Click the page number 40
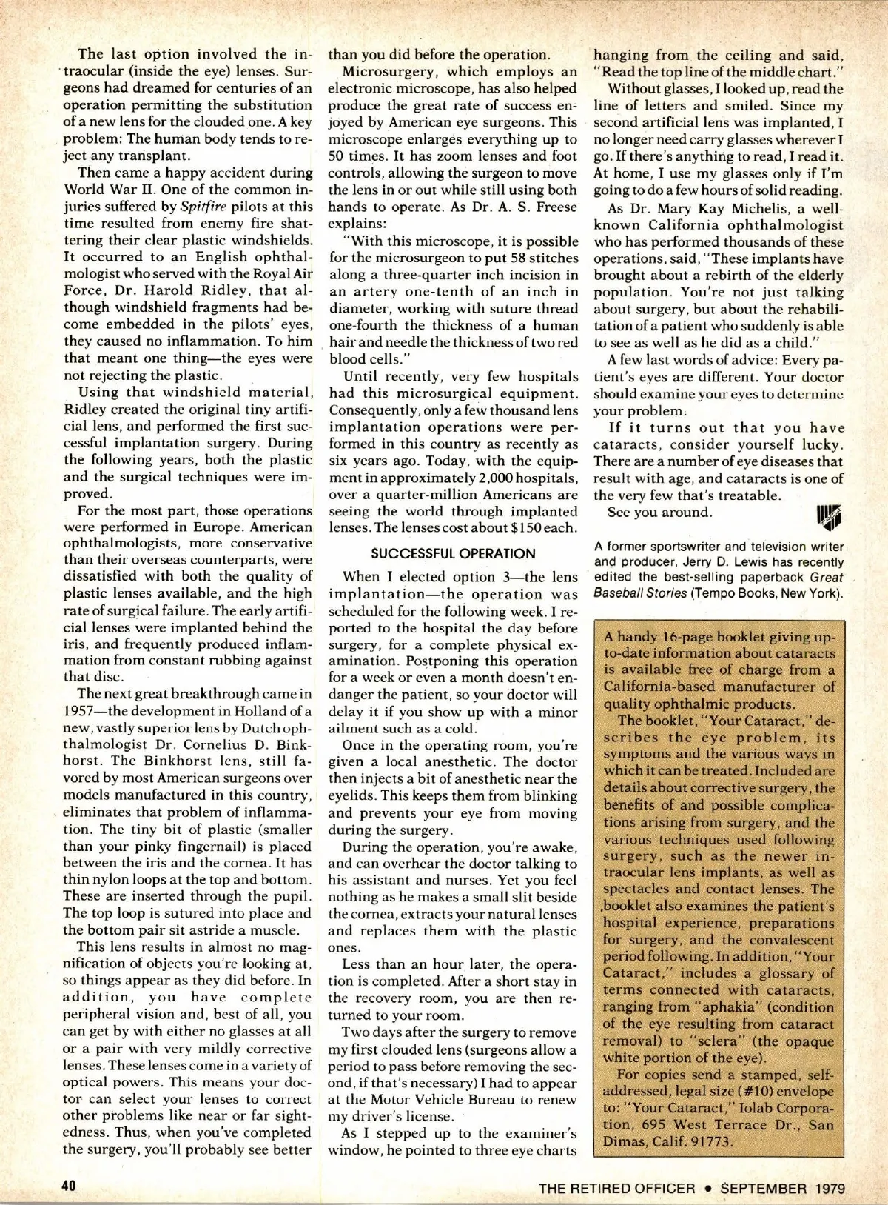pos(69,1184)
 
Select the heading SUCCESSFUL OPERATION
pos(453,553)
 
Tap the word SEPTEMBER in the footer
pos(763,1188)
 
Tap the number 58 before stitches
pos(484,258)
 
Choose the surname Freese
pos(549,207)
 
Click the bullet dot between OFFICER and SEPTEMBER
pos(708,1188)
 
